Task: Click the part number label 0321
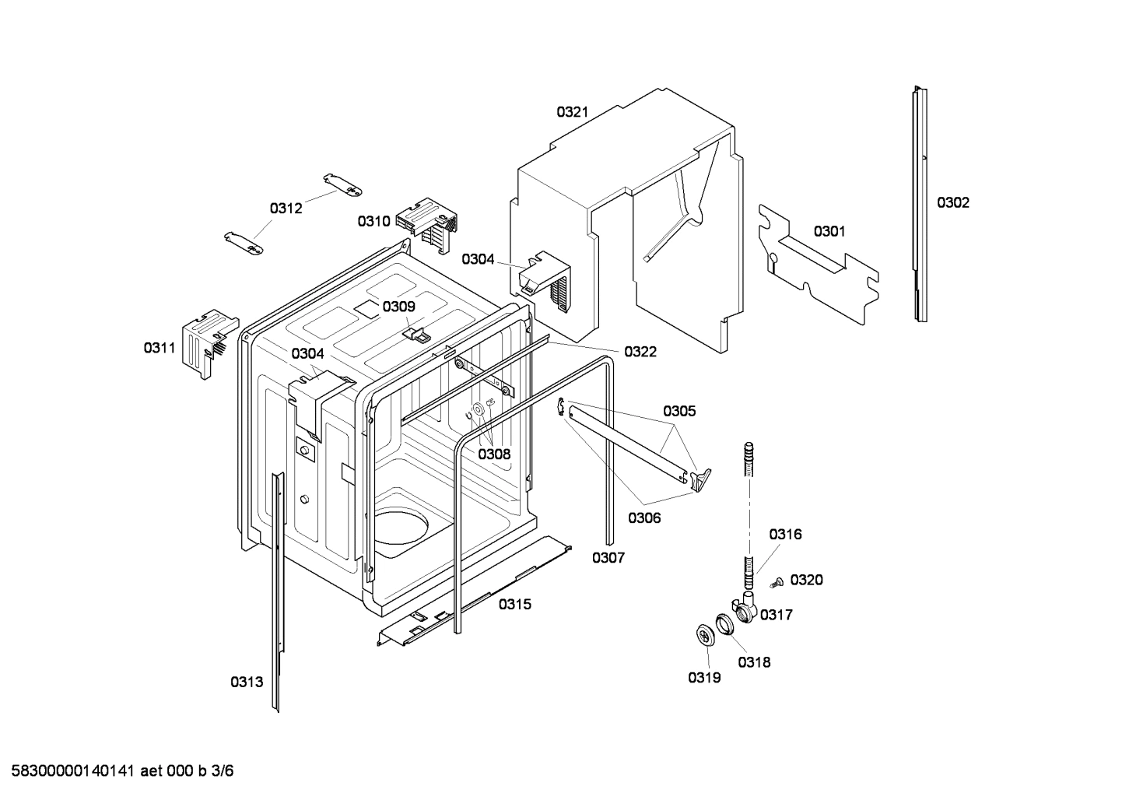pos(572,112)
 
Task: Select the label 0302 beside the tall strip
pos(952,203)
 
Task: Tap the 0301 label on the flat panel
pos(829,231)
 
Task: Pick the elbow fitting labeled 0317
pos(745,607)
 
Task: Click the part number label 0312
pos(286,209)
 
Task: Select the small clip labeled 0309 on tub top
pos(419,335)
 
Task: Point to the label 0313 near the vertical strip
pos(246,682)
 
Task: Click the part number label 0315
pos(515,604)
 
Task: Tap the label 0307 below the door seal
pos(608,557)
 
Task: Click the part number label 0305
pos(679,411)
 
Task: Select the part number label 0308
pos(494,454)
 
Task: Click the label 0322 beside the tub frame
pos(640,352)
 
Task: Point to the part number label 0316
pos(785,535)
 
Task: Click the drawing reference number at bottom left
pos(117,771)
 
